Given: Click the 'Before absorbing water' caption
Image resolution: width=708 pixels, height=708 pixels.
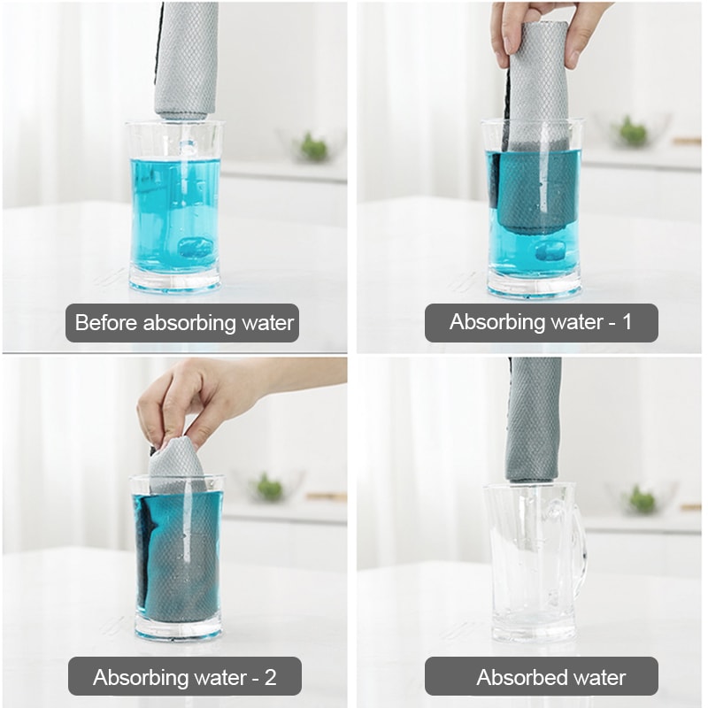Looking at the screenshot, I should click(183, 323).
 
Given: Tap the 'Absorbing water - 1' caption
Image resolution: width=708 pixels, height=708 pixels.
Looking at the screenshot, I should click(541, 322).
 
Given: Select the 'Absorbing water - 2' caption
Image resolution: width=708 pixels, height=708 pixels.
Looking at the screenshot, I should click(185, 678).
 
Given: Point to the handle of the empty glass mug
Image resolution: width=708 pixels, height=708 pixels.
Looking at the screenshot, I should click(577, 539).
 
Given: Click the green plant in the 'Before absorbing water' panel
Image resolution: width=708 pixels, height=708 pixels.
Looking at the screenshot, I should click(313, 146).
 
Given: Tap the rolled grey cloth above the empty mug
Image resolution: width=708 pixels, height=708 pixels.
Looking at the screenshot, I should click(534, 416).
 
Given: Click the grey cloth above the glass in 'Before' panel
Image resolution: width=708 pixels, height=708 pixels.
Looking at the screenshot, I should click(186, 58).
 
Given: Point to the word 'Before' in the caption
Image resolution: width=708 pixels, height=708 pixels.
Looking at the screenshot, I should click(106, 323).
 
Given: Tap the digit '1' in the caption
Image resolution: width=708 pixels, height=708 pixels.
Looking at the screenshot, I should click(627, 322).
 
